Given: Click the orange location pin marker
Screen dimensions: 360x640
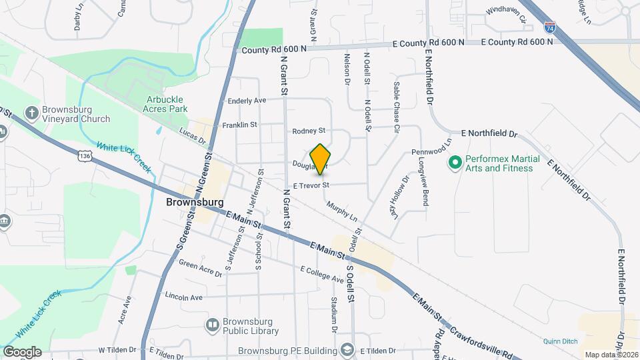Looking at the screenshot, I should [x=321, y=159].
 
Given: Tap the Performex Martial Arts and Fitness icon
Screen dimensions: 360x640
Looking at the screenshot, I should [x=456, y=162].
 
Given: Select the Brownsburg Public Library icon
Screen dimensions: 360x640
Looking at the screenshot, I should [x=213, y=325].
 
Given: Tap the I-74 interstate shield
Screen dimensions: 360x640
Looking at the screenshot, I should [x=549, y=28].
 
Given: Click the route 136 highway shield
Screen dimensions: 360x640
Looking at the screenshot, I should [x=84, y=155].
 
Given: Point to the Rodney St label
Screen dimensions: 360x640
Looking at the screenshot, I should [x=309, y=131].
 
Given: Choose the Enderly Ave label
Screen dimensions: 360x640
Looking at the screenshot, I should [x=247, y=101].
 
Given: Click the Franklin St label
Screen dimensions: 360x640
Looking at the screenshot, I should [x=239, y=125].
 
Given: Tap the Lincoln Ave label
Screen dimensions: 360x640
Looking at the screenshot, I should [x=183, y=296].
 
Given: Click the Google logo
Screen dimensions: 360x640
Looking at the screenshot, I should [x=22, y=351].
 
